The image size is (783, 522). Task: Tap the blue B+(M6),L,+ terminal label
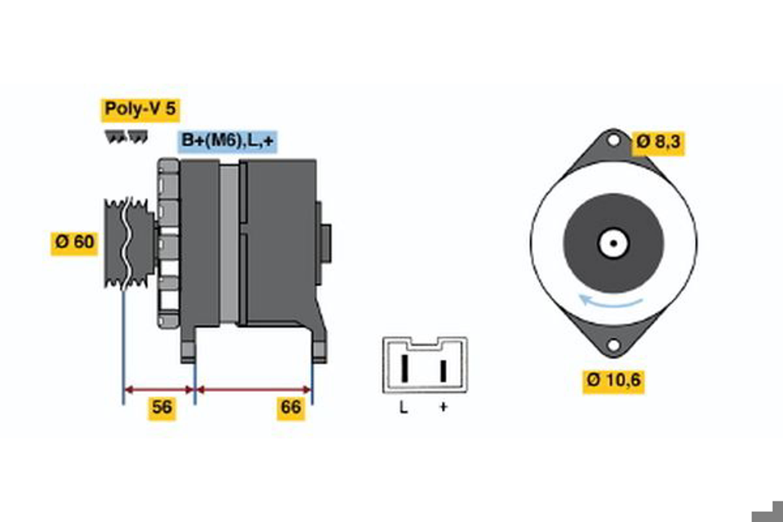(x=227, y=142)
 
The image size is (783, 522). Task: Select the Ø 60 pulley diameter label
(x=75, y=244)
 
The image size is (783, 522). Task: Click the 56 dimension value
(x=162, y=408)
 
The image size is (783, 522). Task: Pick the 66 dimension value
(x=291, y=408)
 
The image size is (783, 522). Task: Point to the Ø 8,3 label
(x=658, y=144)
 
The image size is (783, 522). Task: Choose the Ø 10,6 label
(x=614, y=381)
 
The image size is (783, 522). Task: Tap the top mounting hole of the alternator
(x=613, y=140)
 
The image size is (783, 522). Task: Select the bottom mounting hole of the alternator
(x=614, y=345)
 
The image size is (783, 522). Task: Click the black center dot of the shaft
(x=614, y=243)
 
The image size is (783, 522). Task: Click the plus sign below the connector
(x=443, y=407)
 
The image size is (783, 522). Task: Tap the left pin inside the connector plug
(x=405, y=369)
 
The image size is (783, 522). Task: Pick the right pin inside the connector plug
(x=443, y=371)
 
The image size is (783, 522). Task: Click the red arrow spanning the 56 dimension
(x=159, y=390)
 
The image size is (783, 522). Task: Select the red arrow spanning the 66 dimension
(x=254, y=390)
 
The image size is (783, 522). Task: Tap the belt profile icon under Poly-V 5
(x=126, y=137)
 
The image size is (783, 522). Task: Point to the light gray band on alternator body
(x=229, y=244)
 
